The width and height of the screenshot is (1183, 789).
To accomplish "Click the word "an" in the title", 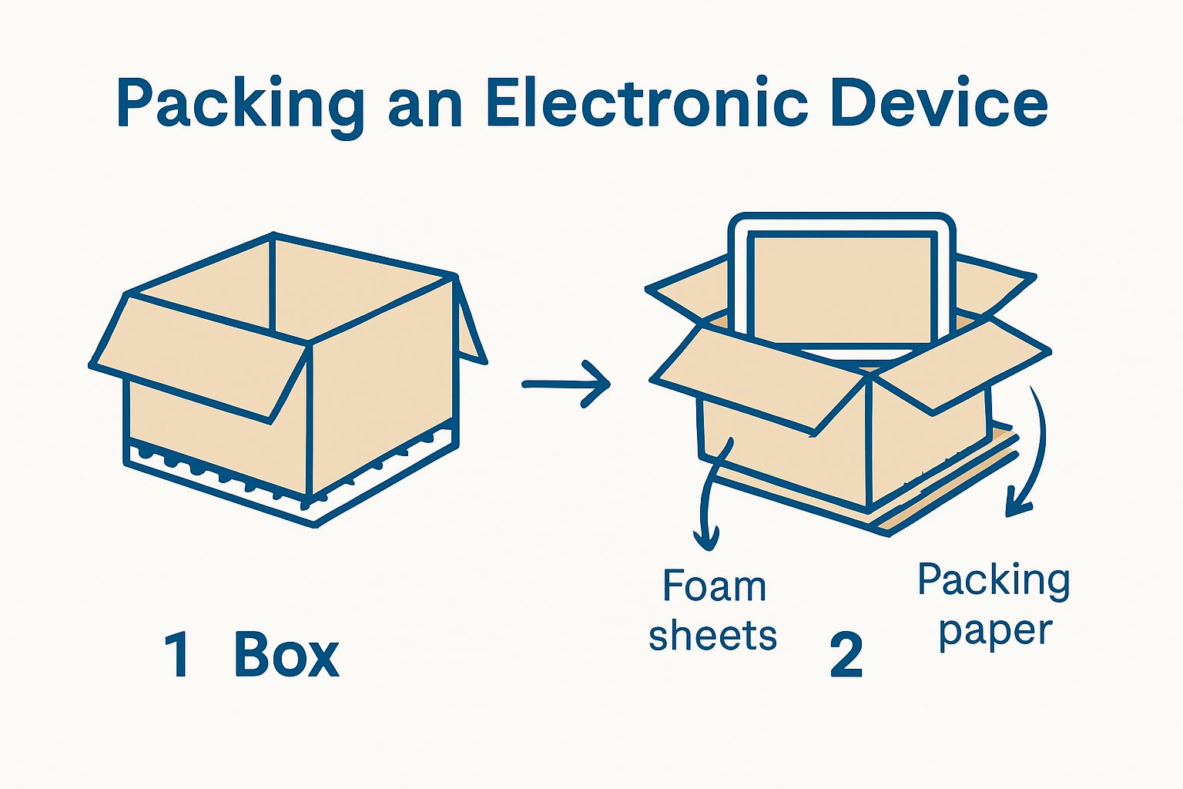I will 424,108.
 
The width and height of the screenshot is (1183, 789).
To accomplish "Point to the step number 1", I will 178,655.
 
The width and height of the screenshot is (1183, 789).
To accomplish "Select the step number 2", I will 846,656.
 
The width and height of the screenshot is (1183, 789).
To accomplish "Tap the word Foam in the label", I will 714,587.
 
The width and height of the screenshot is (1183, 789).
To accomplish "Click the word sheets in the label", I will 712,636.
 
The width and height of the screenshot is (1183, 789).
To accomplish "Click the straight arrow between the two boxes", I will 566,384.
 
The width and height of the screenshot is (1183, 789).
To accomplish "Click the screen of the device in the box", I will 842,290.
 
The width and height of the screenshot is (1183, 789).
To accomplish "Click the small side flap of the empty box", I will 471,324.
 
